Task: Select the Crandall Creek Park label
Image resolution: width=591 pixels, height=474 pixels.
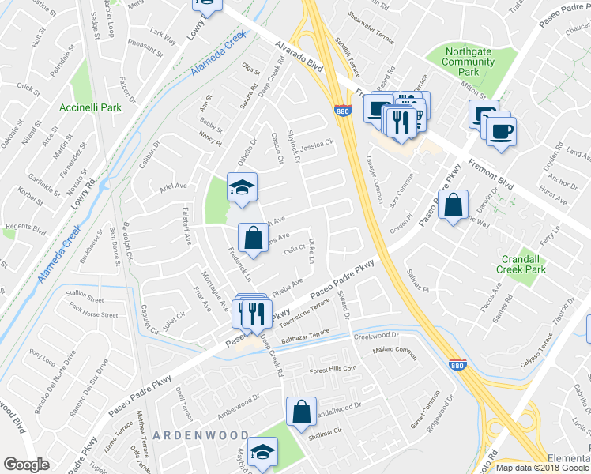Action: point(521,264)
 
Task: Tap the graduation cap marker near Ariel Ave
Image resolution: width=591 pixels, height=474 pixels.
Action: point(243,189)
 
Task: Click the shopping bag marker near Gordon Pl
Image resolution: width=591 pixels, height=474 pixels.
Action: point(453,206)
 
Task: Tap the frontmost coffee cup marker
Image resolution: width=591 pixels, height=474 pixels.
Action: point(500,131)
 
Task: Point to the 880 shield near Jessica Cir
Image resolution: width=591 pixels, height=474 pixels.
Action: point(342,112)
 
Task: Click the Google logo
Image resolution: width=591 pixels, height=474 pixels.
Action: point(26,465)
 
